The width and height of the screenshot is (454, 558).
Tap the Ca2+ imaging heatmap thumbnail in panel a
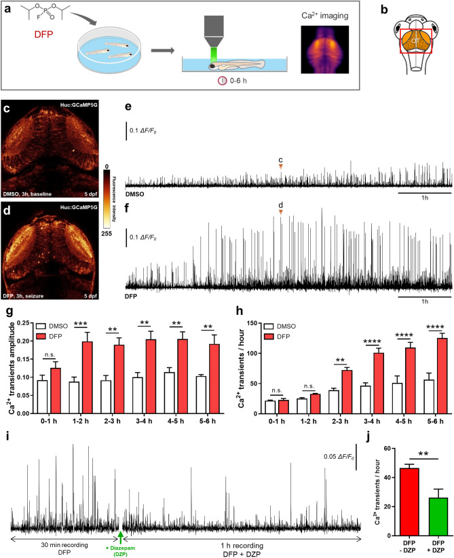pos(324,48)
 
